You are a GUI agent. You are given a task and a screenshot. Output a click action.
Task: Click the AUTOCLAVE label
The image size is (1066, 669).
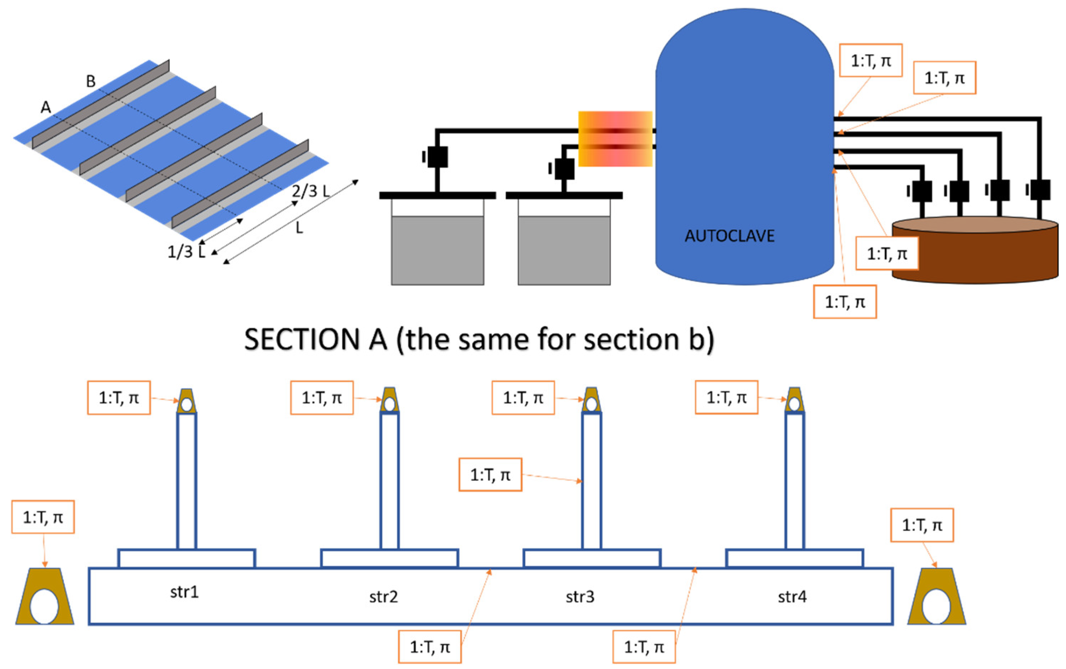(729, 236)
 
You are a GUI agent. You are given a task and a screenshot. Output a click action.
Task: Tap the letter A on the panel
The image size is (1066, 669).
(45, 107)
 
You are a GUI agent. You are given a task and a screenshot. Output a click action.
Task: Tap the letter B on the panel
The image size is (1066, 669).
(91, 81)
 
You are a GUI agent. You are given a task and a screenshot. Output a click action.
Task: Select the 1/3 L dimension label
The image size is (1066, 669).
(186, 252)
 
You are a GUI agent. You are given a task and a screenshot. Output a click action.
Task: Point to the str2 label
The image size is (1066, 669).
(383, 597)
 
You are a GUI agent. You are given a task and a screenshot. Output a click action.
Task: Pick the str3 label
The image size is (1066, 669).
(580, 597)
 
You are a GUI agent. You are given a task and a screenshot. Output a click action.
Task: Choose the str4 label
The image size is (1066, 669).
(792, 597)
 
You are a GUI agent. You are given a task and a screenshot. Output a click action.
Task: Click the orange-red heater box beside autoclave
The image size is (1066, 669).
(615, 139)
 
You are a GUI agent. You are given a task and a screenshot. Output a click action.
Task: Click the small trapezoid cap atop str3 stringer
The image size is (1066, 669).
(591, 400)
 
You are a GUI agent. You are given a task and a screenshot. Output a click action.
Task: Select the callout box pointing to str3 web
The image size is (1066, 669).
(490, 475)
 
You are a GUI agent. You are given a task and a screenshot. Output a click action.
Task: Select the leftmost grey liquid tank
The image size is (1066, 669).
(437, 250)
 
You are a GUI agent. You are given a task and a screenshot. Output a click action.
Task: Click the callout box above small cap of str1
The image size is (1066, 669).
(119, 397)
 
